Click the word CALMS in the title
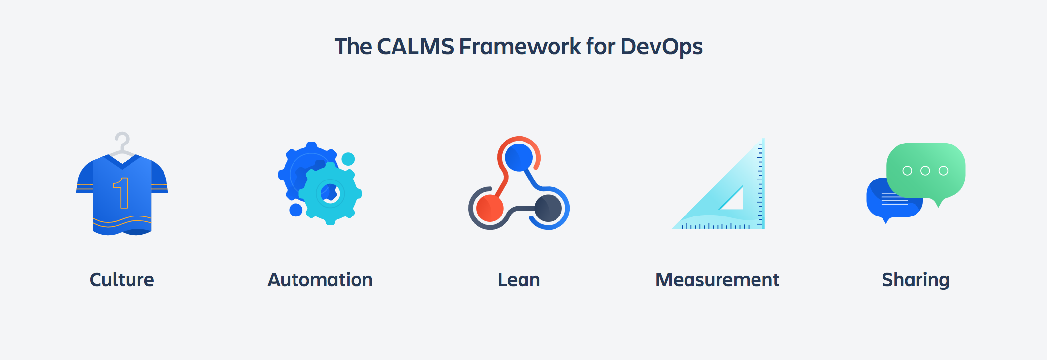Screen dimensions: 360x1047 (415, 47)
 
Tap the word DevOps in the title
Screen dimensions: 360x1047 (661, 47)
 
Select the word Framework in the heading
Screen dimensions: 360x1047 (520, 47)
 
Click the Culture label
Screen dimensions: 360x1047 (122, 280)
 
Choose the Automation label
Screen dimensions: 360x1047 (320, 280)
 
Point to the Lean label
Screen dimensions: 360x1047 (519, 280)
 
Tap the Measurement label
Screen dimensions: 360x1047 (717, 280)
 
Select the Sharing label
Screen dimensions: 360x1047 (916, 280)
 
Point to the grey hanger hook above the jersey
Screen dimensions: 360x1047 (122, 139)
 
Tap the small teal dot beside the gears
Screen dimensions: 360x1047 (348, 159)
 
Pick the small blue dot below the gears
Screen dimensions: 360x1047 (295, 210)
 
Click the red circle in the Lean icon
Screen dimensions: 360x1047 (490, 208)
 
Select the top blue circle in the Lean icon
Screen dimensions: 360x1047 (519, 157)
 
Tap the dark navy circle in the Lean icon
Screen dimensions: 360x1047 (548, 208)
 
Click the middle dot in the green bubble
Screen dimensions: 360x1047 (925, 171)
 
